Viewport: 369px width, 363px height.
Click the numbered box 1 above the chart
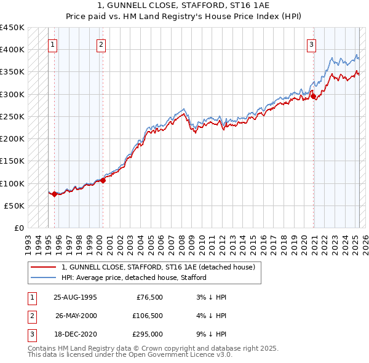[52, 44]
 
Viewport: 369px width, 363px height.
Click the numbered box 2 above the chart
[100, 44]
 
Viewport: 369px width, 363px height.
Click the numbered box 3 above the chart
[312, 44]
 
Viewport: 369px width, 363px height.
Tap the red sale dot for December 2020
[313, 96]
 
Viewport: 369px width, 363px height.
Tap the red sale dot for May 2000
[103, 180]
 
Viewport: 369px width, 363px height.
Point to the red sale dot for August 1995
[54, 194]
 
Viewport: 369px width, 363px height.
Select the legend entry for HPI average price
[133, 277]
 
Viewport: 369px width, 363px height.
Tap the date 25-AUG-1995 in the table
[75, 297]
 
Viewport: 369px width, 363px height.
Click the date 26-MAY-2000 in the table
[75, 316]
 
